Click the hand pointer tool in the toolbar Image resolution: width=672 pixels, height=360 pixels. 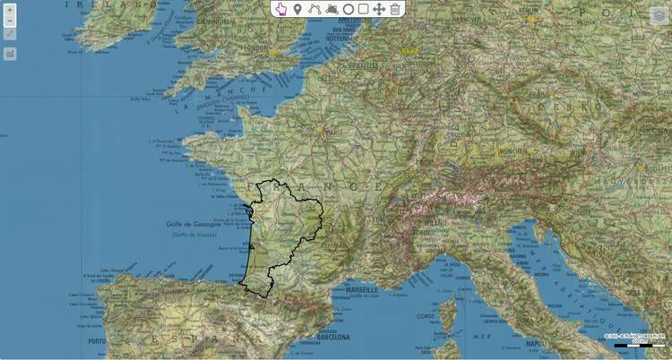point(281,9)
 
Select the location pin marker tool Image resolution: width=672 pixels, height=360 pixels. point(297,9)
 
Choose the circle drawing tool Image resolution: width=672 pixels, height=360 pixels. point(348,9)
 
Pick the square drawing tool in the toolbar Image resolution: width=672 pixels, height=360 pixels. point(363,9)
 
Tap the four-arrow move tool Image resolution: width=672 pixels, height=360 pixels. point(379,9)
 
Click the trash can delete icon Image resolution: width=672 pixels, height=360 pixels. point(395,9)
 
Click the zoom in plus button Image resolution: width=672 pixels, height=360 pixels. point(10,12)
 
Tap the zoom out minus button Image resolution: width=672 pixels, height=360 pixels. point(10,21)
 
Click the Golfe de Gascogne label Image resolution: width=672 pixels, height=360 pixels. point(193,225)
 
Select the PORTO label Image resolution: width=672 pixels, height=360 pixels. point(98,340)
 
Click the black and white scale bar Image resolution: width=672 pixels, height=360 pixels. point(639,345)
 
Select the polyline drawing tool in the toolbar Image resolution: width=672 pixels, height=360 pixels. point(314,9)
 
